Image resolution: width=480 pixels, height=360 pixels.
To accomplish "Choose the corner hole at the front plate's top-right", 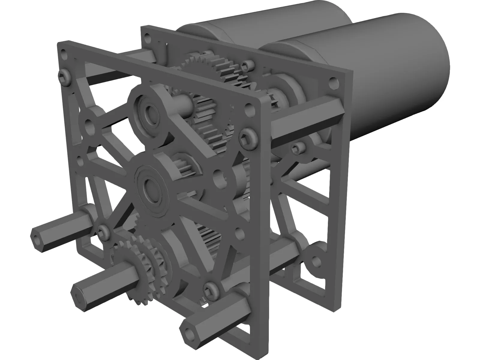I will click(248, 109).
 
